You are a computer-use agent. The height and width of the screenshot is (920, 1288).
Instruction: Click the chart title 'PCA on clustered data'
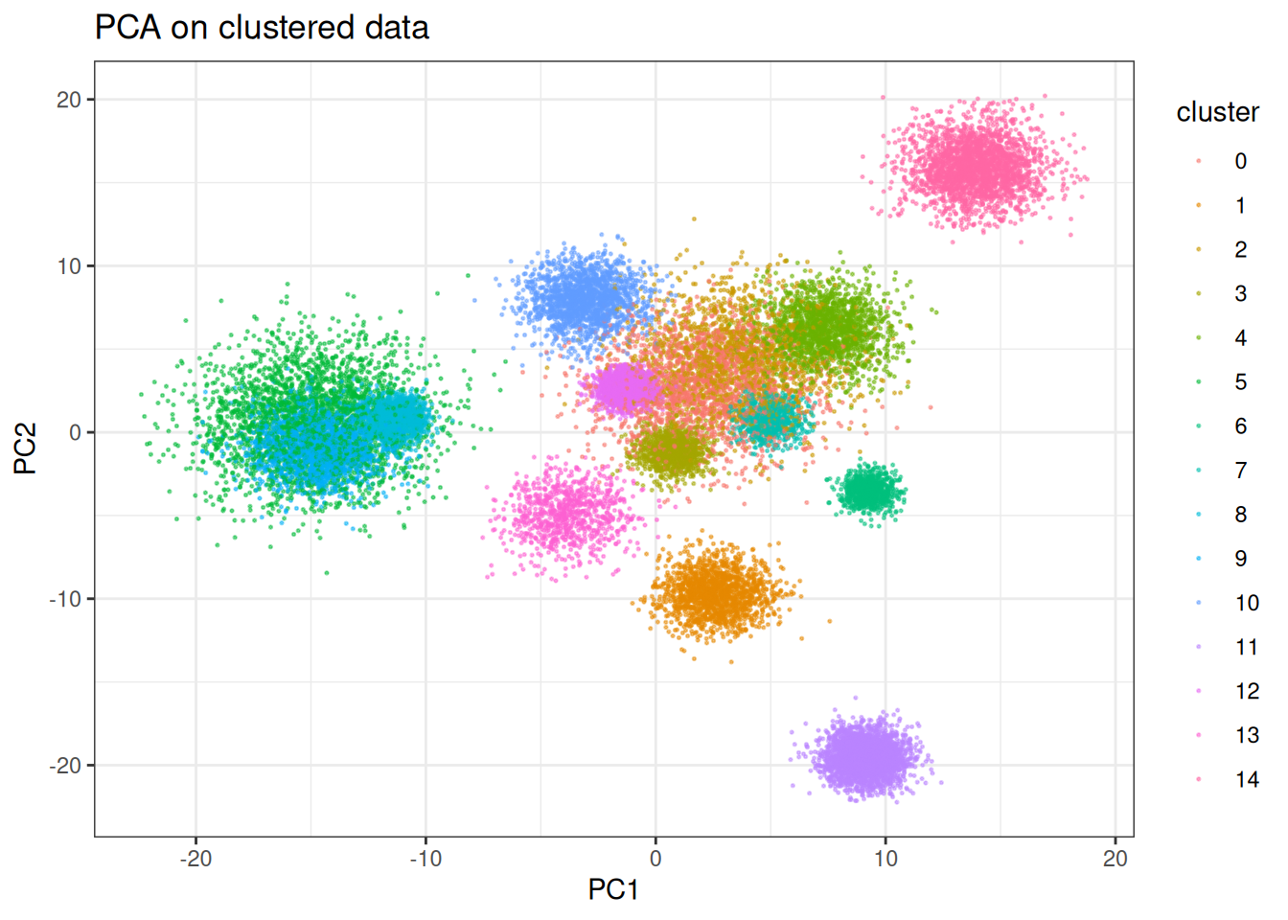click(262, 27)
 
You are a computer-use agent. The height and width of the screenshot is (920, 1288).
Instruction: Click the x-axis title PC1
click(613, 889)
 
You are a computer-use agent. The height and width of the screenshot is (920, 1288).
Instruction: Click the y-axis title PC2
click(26, 448)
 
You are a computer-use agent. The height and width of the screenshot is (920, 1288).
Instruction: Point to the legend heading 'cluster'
click(1217, 112)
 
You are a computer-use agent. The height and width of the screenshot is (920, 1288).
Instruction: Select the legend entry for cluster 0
click(1240, 161)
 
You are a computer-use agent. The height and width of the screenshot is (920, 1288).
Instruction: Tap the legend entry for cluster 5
click(1240, 382)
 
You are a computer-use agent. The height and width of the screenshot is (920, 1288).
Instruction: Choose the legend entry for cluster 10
click(1246, 603)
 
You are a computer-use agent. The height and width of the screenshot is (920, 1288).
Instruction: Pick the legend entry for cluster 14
click(1246, 779)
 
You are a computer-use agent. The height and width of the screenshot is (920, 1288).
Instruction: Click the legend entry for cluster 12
click(1246, 691)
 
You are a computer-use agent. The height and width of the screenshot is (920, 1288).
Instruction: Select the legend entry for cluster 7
click(1240, 471)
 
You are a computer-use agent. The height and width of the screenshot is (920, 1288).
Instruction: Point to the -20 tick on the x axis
click(195, 858)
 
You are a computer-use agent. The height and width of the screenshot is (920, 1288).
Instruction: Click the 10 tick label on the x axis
click(885, 858)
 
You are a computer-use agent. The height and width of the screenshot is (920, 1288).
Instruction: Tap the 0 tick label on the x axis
click(655, 858)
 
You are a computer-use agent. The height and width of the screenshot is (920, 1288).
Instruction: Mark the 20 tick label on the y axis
click(69, 100)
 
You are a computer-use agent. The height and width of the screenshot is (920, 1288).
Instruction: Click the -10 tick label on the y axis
click(65, 599)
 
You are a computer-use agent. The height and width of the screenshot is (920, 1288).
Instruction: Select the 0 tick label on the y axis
click(76, 432)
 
